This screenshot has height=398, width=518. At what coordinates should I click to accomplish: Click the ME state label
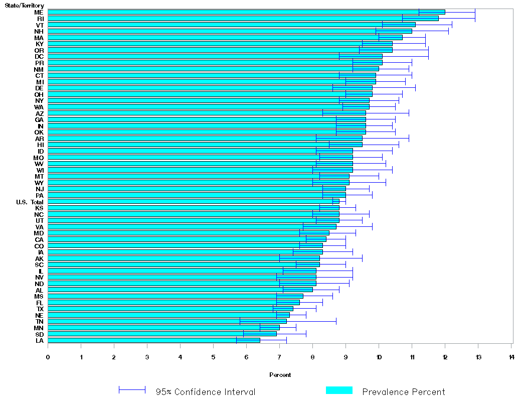39,12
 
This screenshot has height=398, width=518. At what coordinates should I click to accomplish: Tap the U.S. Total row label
30,202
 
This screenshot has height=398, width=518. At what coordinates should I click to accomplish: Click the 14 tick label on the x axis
511,357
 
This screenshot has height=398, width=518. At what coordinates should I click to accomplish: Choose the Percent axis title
280,375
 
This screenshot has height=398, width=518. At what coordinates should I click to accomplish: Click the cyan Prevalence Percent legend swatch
339,390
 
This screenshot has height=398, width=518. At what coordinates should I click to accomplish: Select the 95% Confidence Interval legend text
205,392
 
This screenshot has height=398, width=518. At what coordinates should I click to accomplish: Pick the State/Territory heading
24,6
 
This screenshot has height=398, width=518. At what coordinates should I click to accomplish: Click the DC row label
39,56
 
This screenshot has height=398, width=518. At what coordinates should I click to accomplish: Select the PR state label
39,63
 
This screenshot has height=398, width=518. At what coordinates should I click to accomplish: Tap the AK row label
39,258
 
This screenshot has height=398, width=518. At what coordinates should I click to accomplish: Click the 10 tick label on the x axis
379,357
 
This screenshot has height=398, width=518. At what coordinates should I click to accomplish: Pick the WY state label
39,183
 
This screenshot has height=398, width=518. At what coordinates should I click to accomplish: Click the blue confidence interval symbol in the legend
132,390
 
